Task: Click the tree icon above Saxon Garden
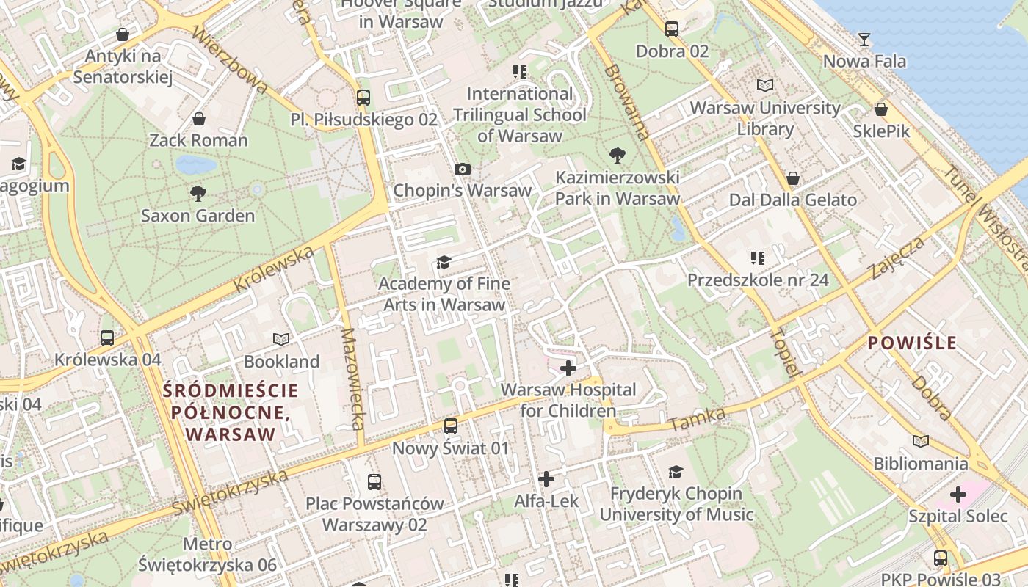198,194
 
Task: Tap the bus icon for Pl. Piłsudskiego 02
363,97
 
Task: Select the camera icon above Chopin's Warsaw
462,169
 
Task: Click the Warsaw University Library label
764,118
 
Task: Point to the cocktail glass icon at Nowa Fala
864,40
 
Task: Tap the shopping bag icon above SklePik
880,110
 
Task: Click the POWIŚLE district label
912,343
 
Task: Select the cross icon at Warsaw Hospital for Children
568,368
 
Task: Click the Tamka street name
698,420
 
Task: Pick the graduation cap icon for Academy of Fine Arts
444,262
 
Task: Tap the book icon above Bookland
281,339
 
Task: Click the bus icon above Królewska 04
107,338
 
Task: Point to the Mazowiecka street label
352,378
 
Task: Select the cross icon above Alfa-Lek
546,479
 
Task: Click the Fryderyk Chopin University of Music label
676,503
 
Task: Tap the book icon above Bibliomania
920,441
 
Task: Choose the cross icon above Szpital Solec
958,494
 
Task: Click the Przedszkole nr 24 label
757,280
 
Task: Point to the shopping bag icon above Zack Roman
198,119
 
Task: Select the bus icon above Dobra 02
672,29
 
